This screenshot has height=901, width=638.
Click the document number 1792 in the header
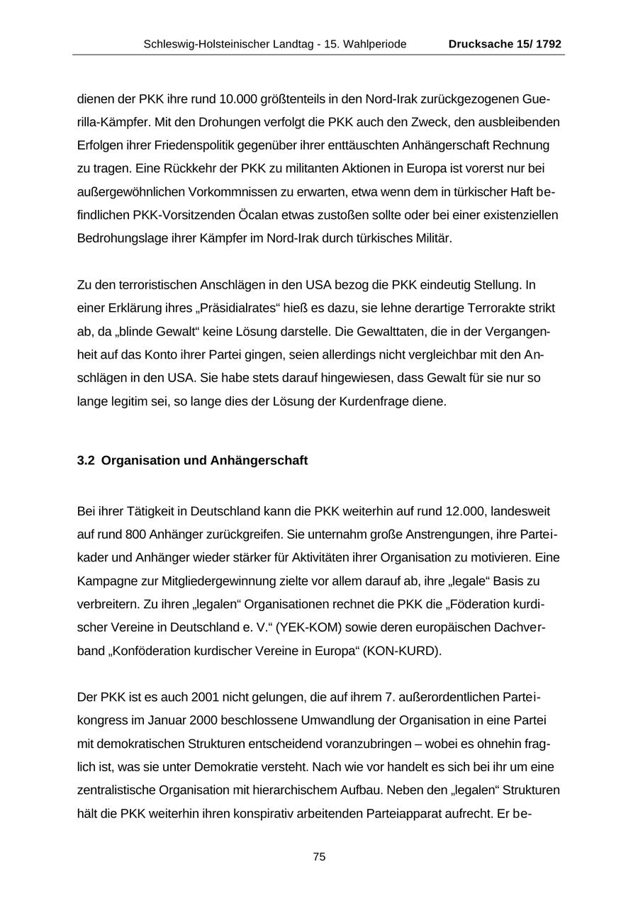click(549, 44)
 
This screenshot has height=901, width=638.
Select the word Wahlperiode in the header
click(375, 44)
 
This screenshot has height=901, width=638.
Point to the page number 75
click(319, 856)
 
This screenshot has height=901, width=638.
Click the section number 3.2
click(86, 461)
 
